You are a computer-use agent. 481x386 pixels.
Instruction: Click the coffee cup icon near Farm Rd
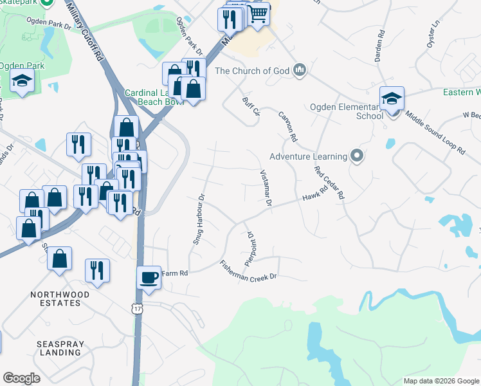pyautogui.click(x=150, y=277)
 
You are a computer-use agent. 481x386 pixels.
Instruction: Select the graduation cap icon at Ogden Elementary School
pyautogui.click(x=392, y=98)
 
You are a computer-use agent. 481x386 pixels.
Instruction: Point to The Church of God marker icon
pyautogui.click(x=299, y=70)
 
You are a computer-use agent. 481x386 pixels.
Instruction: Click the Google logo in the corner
pyautogui.click(x=21, y=378)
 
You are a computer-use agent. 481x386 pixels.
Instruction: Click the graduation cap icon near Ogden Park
pyautogui.click(x=23, y=82)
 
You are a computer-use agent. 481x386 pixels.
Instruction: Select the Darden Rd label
pyautogui.click(x=380, y=46)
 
